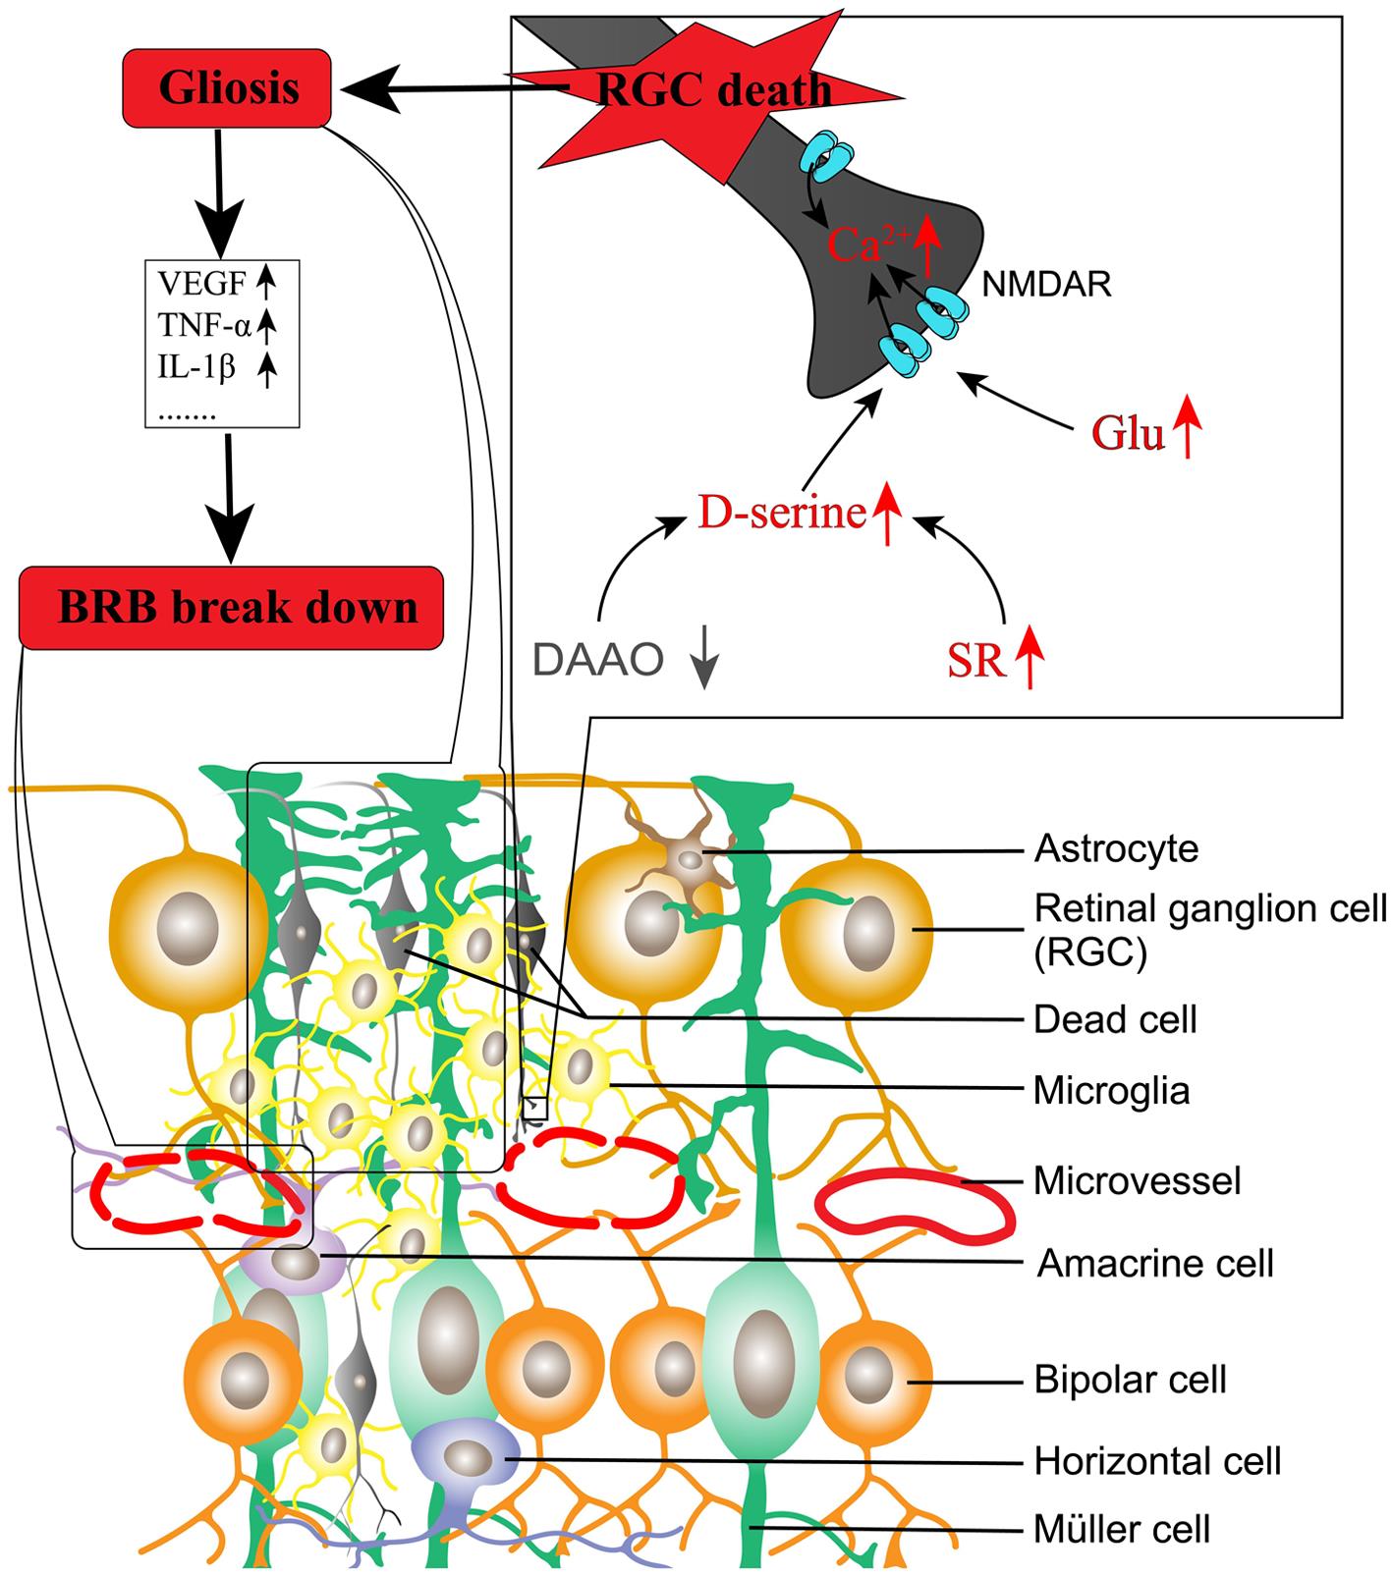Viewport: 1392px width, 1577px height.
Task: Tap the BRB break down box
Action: coord(231,608)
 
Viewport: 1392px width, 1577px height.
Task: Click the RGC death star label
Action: coord(714,91)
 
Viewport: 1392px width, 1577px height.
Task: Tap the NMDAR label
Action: coord(1046,285)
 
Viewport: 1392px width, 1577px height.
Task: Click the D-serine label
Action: coord(781,514)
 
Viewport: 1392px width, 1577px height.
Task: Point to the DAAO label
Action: coord(597,661)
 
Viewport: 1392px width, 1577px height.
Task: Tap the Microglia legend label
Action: coord(1111,1091)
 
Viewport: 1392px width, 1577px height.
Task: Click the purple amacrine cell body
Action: coord(293,1263)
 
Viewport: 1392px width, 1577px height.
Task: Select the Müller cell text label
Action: coord(1121,1529)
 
